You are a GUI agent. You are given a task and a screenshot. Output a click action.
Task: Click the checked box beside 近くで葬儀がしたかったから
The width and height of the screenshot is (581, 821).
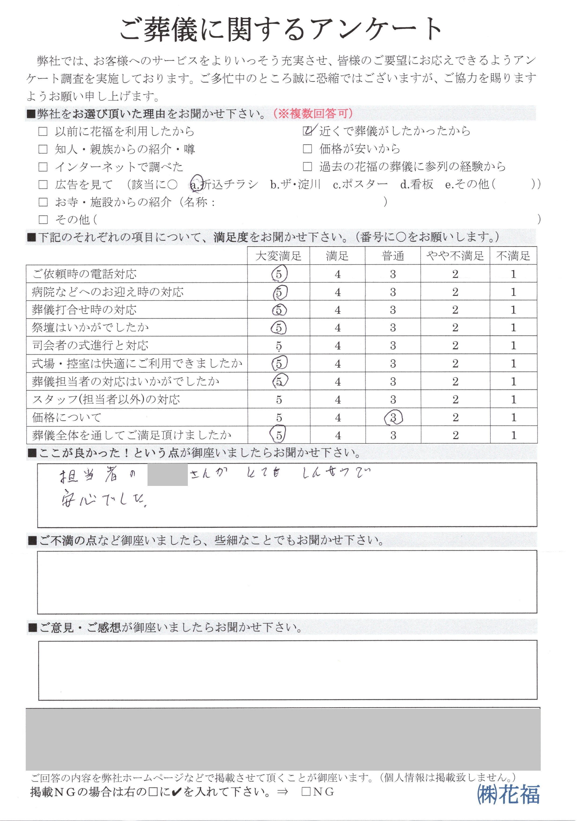point(307,132)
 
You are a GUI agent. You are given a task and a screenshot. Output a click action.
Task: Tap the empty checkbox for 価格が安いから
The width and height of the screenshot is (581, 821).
point(307,149)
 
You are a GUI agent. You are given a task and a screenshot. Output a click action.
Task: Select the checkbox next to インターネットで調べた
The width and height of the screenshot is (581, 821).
point(43,167)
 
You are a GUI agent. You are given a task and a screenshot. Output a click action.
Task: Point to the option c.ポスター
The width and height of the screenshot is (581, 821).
point(360,184)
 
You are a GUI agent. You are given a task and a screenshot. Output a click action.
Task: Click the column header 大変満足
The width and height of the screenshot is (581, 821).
point(278,256)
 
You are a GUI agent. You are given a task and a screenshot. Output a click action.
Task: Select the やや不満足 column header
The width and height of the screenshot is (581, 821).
point(455,256)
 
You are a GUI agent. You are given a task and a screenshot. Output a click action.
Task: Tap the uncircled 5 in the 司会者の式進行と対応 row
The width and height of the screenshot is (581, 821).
point(279,346)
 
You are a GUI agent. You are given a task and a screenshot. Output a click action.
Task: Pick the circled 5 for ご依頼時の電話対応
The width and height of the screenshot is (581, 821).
point(279,274)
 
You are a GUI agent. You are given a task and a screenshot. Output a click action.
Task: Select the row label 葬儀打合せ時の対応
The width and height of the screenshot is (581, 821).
point(84,310)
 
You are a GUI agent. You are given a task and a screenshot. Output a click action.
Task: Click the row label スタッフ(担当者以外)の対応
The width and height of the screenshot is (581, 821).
point(106,399)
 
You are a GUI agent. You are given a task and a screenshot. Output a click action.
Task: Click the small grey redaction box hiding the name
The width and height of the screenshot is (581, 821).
point(167,474)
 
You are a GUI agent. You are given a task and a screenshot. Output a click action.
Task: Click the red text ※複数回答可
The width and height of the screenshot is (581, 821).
point(313,114)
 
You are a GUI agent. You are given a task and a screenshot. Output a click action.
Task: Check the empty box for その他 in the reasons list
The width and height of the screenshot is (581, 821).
point(43,219)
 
